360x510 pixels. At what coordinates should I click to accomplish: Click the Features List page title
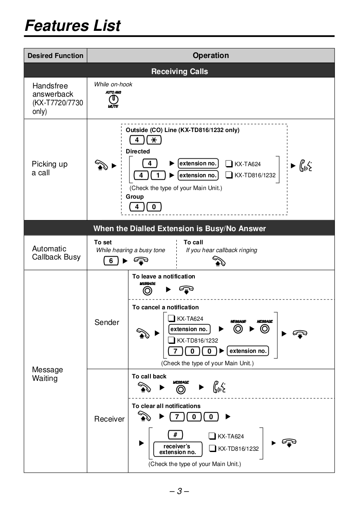pyautogui.click(x=73, y=25)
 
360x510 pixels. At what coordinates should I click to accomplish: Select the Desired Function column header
pyautogui.click(x=55, y=56)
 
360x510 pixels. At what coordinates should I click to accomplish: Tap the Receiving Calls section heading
pyautogui.click(x=180, y=71)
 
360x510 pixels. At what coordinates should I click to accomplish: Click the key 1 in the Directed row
pyautogui.click(x=158, y=176)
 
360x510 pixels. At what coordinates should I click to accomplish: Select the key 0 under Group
pyautogui.click(x=154, y=207)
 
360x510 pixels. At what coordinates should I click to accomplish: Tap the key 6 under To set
pyautogui.click(x=111, y=261)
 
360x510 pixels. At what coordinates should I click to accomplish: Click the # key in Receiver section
pyautogui.click(x=175, y=435)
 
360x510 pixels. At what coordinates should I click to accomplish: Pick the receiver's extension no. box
pyautogui.click(x=178, y=449)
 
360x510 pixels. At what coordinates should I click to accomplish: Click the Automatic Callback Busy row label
pyautogui.click(x=56, y=253)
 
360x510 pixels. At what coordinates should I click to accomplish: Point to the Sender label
pyautogui.click(x=107, y=322)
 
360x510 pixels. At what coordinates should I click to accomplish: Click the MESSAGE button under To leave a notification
pyautogui.click(x=148, y=290)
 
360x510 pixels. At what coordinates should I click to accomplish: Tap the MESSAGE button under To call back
pyautogui.click(x=181, y=388)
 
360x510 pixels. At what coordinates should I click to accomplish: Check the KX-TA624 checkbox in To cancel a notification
pyautogui.click(x=171, y=318)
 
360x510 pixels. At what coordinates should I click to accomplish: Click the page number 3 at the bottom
pyautogui.click(x=179, y=491)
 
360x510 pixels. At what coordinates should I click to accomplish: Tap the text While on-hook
pyautogui.click(x=113, y=84)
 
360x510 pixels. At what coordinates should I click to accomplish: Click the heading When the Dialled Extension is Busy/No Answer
pyautogui.click(x=180, y=228)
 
